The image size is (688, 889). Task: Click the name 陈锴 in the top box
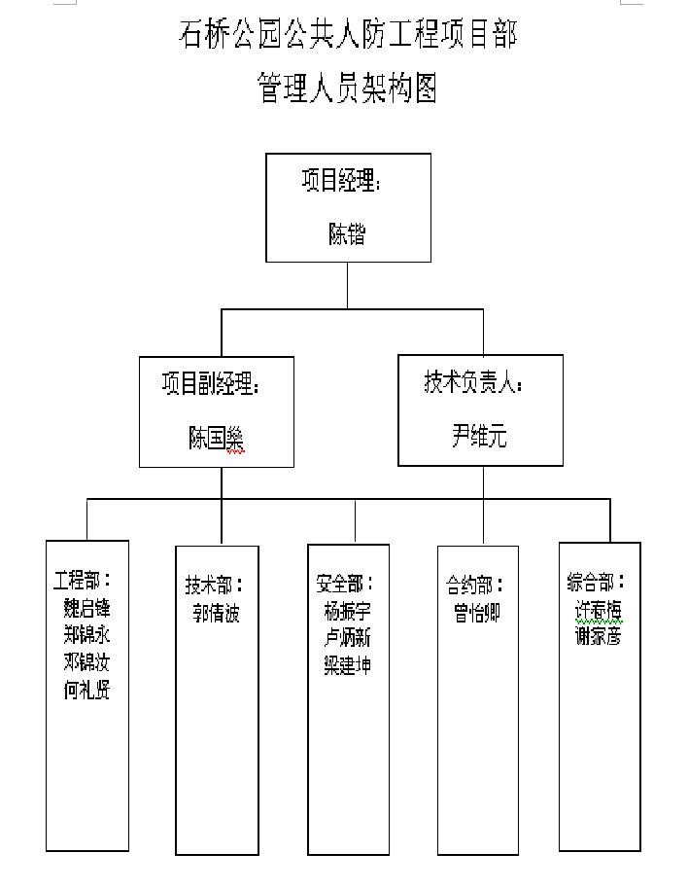(347, 234)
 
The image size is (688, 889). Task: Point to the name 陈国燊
(216, 439)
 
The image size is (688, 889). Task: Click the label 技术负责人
(473, 382)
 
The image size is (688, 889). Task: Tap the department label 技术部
(215, 586)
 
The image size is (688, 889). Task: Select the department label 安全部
(345, 584)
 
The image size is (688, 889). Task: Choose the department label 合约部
(475, 586)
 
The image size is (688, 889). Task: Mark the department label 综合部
(597, 583)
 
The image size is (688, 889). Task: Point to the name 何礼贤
(86, 692)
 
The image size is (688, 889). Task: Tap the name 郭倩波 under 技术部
(216, 614)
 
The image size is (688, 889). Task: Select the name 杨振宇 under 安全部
(347, 611)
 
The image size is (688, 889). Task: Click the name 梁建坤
(347, 665)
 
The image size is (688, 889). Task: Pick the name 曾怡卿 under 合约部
(476, 614)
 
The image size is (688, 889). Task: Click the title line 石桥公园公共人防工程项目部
(347, 36)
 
